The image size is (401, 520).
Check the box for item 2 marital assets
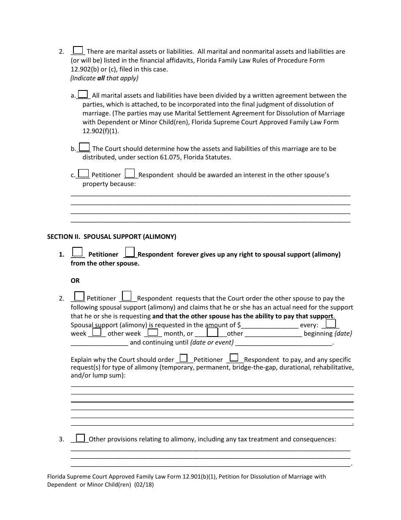pyautogui.click(x=78, y=50)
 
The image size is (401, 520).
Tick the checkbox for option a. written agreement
pyautogui.click(x=83, y=94)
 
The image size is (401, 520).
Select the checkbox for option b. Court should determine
pyautogui.click(x=84, y=147)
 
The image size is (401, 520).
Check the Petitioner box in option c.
pyautogui.click(x=84, y=173)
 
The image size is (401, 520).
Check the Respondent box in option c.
pyautogui.click(x=130, y=173)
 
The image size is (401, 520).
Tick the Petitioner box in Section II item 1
pyautogui.click(x=77, y=252)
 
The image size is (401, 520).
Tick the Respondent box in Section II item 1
pyautogui.click(x=130, y=252)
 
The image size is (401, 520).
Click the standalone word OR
pyautogui.click(x=75, y=281)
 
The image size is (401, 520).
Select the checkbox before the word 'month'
pyautogui.click(x=152, y=332)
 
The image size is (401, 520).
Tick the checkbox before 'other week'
pyautogui.click(x=97, y=332)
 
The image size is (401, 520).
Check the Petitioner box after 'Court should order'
pyautogui.click(x=184, y=358)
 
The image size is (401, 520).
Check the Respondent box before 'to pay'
pyautogui.click(x=234, y=358)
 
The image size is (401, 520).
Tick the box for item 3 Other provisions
pyautogui.click(x=81, y=438)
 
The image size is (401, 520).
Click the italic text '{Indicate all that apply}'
pyautogui.click(x=104, y=78)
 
